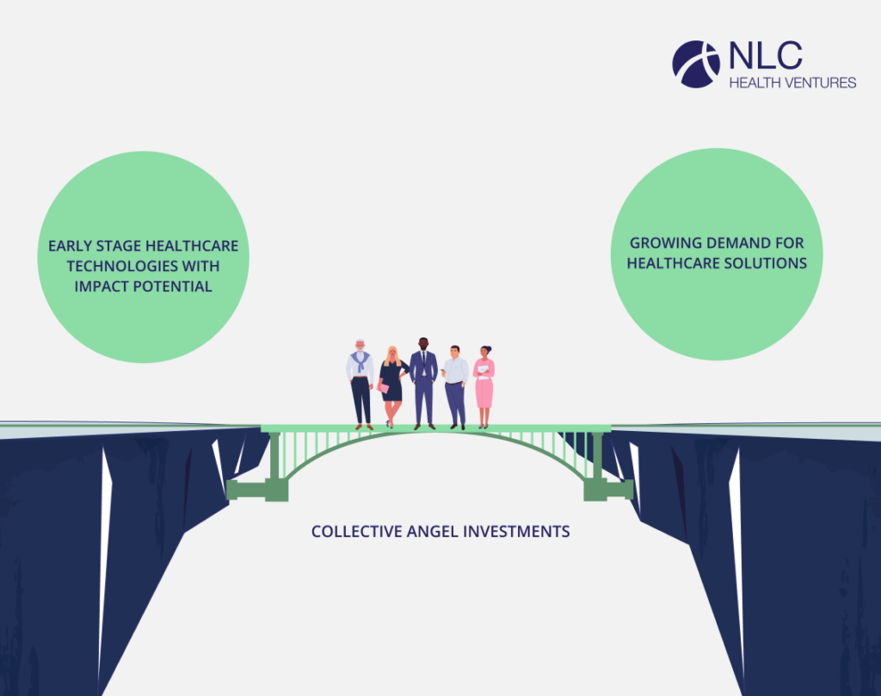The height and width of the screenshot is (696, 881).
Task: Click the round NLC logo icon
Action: pos(696,64)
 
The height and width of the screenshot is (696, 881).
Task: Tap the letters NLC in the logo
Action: pos(765,56)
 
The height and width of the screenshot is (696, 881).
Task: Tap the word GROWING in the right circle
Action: pos(662,243)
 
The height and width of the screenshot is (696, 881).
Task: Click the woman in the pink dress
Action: pos(484,385)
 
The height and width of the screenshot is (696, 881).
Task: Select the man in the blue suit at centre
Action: pos(423,382)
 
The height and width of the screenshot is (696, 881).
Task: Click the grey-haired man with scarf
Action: pos(360,383)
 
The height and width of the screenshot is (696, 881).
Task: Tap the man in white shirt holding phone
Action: pos(455,385)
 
